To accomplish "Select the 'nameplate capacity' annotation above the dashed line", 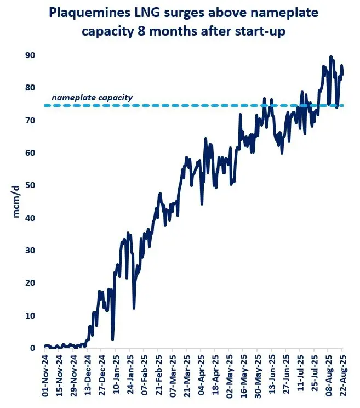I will point(92,98).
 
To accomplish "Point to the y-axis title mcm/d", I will point(16,201).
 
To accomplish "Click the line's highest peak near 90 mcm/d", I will point(330,56).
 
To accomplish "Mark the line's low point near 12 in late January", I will point(134,308).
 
